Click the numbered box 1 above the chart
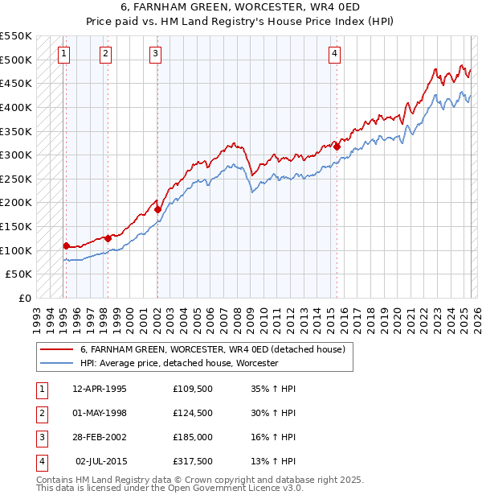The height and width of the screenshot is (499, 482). point(63,54)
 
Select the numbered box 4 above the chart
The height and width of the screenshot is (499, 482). point(334,54)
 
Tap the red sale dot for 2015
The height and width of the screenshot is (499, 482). point(337,146)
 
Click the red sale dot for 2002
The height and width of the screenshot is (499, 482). point(158,209)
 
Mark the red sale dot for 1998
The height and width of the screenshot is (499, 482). point(108,238)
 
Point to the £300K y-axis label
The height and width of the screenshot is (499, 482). point(16,155)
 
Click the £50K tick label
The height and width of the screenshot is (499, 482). point(19,274)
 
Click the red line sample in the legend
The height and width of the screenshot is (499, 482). point(56,349)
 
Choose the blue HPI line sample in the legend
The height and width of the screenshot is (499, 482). point(56,364)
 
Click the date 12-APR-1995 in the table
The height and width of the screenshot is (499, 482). point(100,390)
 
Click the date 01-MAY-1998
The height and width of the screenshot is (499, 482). point(100,414)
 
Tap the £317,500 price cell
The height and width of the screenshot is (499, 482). point(193,461)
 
